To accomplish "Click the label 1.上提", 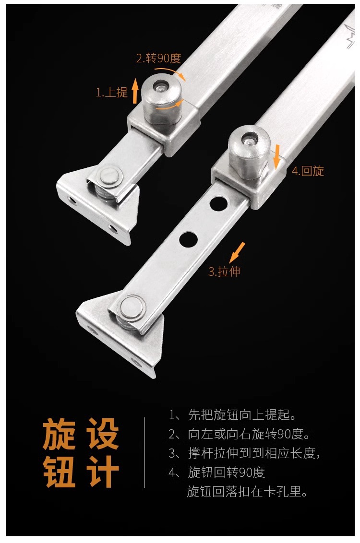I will coord(111,93).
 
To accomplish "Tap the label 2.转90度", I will coord(158,59).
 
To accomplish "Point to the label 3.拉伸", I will coord(224,272).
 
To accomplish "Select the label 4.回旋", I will coord(308,171).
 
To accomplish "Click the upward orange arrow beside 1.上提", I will coord(135,91).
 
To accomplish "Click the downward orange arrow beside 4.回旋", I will coord(276,157).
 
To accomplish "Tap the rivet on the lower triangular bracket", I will coord(132,308).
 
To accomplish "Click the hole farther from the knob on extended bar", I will coord(188,238).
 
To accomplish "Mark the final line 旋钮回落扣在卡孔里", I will coord(247,492).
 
